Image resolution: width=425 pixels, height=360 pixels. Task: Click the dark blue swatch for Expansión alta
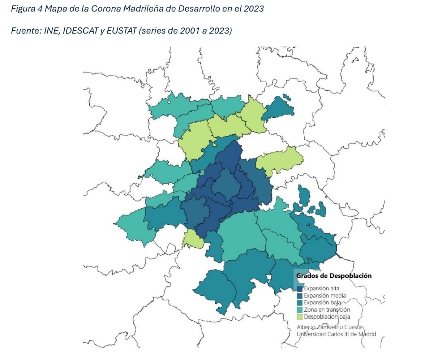(x=300, y=289)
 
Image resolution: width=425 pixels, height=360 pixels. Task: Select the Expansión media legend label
(x=322, y=296)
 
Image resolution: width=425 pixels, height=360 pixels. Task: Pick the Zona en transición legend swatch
(x=300, y=310)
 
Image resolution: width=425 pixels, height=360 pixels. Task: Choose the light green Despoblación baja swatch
(x=300, y=317)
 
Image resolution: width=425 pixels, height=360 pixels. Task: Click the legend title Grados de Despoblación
(x=334, y=276)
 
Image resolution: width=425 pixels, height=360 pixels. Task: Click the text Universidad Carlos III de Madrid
(x=336, y=334)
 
